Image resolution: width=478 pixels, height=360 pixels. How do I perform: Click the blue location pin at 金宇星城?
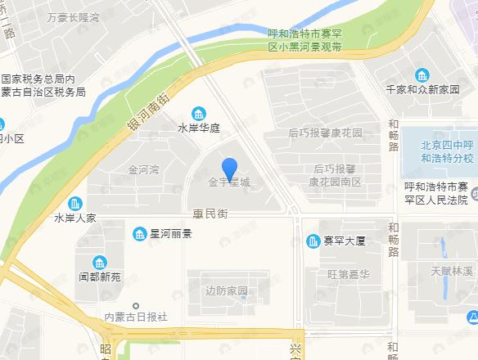[x=230, y=169]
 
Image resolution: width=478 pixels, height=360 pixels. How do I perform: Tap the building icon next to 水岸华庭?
[x=198, y=113]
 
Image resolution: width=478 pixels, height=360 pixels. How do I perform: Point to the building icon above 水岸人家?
[x=75, y=203]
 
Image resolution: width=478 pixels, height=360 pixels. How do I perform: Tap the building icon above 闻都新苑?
[x=99, y=263]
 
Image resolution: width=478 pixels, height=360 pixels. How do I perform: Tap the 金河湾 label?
[x=143, y=171]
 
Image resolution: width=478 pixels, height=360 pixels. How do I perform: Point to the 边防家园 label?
[x=227, y=291]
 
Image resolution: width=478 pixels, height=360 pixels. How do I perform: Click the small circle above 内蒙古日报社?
[x=136, y=305]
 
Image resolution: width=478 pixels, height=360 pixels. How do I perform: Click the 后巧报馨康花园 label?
[x=325, y=133]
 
